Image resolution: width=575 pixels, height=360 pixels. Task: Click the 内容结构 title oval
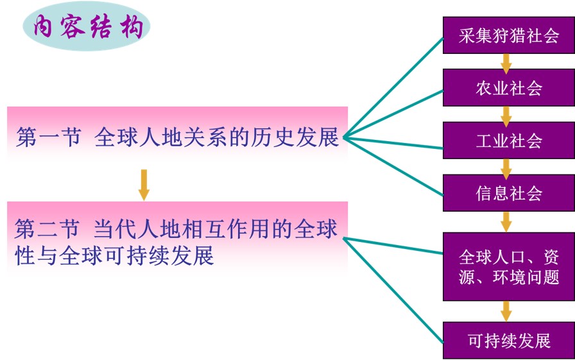tap(87, 26)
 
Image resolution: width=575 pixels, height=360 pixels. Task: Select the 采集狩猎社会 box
tap(509, 35)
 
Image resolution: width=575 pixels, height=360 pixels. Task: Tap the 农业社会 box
tap(509, 88)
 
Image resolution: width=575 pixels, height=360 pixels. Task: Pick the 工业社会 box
tap(509, 140)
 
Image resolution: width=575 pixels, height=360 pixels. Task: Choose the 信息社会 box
tap(509, 193)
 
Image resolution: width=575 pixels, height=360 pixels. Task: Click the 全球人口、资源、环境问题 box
tap(509, 266)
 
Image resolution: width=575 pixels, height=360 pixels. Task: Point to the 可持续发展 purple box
tap(509, 341)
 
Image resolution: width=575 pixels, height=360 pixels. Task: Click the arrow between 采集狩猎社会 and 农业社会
tap(506, 64)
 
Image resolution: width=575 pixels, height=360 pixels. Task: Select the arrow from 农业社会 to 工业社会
tap(506, 116)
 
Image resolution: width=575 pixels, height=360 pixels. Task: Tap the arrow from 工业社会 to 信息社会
tap(506, 169)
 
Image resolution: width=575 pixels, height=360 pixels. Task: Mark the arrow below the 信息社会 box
tap(506, 221)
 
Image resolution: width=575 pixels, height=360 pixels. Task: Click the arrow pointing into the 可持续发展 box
tap(506, 311)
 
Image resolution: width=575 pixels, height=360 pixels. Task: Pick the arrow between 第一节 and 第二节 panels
tap(144, 185)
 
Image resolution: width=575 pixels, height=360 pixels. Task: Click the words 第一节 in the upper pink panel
tap(48, 137)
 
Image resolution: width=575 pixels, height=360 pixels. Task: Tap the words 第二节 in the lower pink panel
tap(47, 228)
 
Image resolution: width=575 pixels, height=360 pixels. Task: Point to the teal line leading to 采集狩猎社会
tap(393, 87)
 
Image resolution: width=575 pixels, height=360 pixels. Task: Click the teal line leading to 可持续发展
tap(393, 290)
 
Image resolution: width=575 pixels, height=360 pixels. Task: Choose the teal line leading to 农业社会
tap(393, 114)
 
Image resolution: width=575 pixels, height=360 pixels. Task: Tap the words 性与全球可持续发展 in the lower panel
tap(114, 255)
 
